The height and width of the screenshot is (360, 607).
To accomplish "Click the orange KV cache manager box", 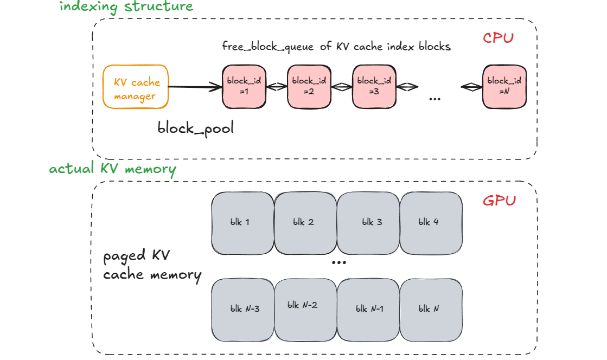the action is pos(136,87).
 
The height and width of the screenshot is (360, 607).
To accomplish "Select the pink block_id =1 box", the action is pos(244,87).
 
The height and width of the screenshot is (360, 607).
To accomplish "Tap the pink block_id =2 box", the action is pos(309,87).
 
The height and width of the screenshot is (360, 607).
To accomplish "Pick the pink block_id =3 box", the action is pos(374,87).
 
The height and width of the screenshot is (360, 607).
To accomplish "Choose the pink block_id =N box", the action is pos(504,87).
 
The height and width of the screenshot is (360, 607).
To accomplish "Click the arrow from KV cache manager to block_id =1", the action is pos(195,87).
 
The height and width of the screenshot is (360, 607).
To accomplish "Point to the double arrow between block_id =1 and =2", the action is pos(277,87).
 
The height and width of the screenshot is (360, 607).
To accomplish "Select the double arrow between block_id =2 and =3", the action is pos(342,87).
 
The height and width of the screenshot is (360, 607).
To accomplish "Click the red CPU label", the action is pos(498,38).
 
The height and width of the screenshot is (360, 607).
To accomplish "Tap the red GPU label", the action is pos(499,201).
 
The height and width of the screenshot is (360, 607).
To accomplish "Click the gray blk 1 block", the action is pos(242,223).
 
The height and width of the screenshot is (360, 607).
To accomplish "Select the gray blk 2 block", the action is pos(305,223).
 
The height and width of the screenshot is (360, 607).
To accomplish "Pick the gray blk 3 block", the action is pos(368,223).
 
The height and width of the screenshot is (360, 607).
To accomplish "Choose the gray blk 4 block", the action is pos(431,223).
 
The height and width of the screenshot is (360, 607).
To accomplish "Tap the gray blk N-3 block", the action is pos(242,310).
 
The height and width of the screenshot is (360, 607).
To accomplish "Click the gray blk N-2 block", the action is pos(305,310).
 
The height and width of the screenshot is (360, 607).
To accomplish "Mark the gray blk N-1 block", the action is pos(368,310).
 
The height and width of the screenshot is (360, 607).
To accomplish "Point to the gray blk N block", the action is pos(431,310).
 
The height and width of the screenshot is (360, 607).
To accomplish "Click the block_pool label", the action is pos(195,128).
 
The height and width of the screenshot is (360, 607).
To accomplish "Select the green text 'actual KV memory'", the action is pos(112,169).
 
